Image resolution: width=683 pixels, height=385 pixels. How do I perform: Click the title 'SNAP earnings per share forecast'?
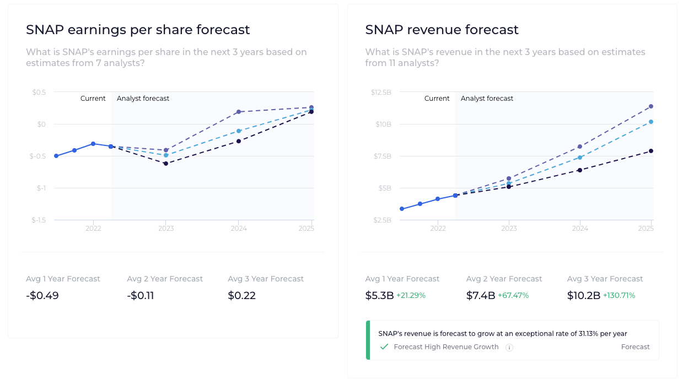pos(138,30)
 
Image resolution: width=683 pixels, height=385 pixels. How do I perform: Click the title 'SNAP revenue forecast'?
pos(442,30)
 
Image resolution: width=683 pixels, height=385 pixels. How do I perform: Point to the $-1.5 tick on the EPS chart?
pos(38,220)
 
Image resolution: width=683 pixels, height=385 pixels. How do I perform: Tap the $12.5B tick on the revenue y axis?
pos(381,92)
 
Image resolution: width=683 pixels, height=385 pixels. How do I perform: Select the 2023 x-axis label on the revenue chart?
pos(509,228)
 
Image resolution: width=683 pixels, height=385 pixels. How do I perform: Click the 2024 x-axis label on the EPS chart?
pos(238,228)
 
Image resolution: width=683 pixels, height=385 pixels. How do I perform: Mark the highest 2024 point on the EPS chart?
pos(239,112)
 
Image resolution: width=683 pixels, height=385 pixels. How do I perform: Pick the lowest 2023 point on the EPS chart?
pos(166,164)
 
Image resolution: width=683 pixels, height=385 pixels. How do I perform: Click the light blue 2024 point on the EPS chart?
pos(239,131)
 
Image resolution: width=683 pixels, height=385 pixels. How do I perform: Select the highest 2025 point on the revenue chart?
pos(651,106)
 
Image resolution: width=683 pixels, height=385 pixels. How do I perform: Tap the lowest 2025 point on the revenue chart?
pos(651,151)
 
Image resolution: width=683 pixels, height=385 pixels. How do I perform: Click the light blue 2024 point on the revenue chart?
pos(580,158)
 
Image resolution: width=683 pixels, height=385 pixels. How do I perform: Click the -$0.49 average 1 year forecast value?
pos(42,296)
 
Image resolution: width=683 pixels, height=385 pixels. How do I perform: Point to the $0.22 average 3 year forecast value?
pos(242,296)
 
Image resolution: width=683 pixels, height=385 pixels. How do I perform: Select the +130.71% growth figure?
pos(619,296)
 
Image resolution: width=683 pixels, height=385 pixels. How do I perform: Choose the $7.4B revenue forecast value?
pos(481,296)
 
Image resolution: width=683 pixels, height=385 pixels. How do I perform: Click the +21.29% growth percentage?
pos(411,296)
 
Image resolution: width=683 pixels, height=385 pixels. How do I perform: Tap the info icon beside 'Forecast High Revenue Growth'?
pos(509,348)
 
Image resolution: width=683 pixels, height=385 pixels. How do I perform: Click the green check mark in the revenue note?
pos(384,347)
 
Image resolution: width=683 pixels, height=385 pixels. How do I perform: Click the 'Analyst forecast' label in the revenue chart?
pos(487,99)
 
